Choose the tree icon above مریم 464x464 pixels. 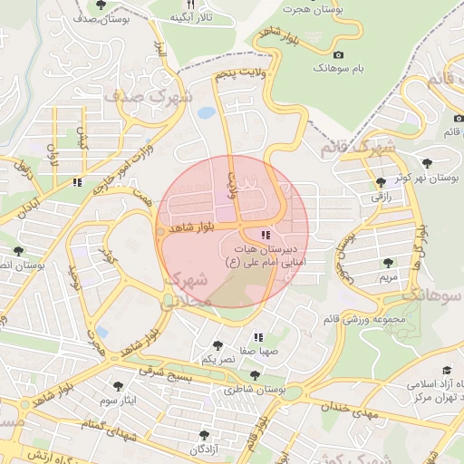point(388,263)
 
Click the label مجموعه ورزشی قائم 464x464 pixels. point(366,319)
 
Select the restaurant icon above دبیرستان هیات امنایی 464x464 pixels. point(265,235)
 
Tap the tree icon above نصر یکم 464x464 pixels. point(217,344)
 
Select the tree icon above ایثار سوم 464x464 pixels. point(116,384)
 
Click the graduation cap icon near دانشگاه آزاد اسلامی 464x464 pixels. point(446,370)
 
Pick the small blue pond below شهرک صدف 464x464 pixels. point(207,113)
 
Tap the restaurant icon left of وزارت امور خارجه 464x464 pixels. point(78,182)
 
